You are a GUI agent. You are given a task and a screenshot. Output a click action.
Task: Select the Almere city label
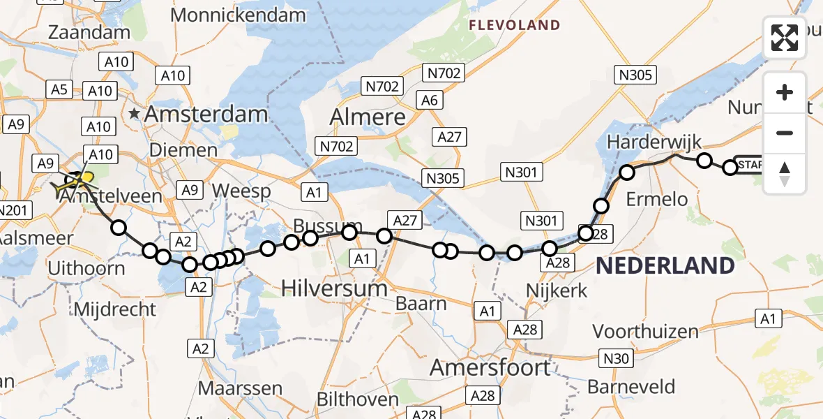point(368,117)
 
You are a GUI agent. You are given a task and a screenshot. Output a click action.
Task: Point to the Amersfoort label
point(500,367)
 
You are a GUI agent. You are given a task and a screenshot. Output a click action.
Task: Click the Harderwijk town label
point(654,142)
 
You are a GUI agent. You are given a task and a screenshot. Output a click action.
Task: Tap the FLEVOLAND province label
point(514,26)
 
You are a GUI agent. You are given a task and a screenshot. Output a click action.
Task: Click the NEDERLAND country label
point(665,266)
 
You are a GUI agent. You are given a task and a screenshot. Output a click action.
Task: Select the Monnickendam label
point(238,15)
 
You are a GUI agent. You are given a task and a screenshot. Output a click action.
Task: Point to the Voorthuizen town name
point(645,331)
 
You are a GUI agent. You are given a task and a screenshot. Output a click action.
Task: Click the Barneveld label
point(631,386)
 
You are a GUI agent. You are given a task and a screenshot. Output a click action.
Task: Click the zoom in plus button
point(785,93)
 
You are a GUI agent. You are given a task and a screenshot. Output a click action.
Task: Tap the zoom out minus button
point(785,133)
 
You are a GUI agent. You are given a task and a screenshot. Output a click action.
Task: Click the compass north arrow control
point(785,173)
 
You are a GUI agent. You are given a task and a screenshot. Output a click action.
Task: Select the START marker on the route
point(750,165)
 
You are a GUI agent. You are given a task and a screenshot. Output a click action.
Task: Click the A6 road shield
point(430,101)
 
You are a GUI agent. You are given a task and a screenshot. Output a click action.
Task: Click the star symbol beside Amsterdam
point(134,112)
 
